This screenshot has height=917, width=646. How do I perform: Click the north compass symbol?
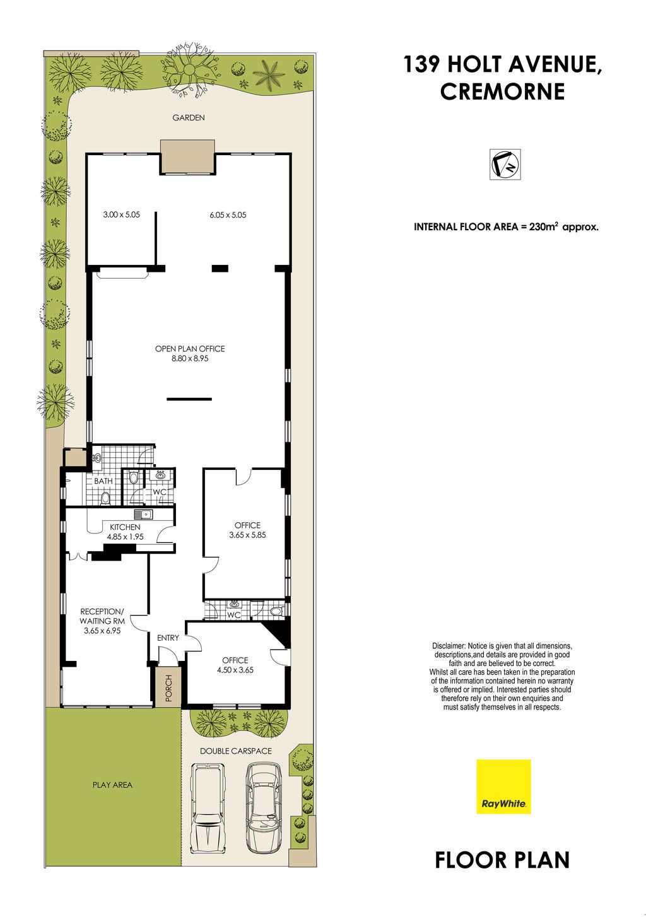505,164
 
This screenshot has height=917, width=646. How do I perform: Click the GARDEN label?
189,118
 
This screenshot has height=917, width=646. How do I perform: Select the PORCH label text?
168,688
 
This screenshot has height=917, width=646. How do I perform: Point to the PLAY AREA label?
112,785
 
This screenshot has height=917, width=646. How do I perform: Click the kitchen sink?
143,514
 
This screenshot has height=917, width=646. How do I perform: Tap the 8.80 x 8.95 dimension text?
190,358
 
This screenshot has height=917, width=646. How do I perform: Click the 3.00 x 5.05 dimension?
122,214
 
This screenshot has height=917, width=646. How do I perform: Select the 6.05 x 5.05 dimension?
228,215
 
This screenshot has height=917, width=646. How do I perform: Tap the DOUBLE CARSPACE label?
236,751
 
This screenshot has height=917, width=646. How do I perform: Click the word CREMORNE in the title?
503,91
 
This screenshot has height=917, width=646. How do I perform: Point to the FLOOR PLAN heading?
502,860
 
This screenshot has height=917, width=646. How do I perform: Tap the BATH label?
103,481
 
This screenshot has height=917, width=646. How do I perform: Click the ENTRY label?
168,638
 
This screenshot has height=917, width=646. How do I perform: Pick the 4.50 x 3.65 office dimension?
235,670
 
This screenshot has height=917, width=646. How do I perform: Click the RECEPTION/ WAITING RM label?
102,621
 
